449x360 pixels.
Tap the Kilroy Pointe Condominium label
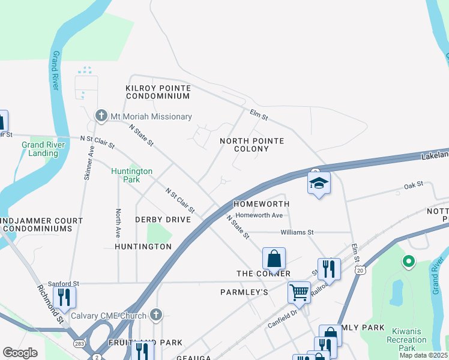158,92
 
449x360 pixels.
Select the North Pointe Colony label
252,145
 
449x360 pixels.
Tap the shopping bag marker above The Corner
274,259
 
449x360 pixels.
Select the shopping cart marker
299,292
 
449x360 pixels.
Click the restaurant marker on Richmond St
64,297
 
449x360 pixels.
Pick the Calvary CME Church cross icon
156,314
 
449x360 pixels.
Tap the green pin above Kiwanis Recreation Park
409,262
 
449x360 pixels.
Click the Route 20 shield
360,271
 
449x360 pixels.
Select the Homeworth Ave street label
259,215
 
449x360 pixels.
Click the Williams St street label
297,232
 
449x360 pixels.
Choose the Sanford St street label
64,283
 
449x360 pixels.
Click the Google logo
20,353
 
